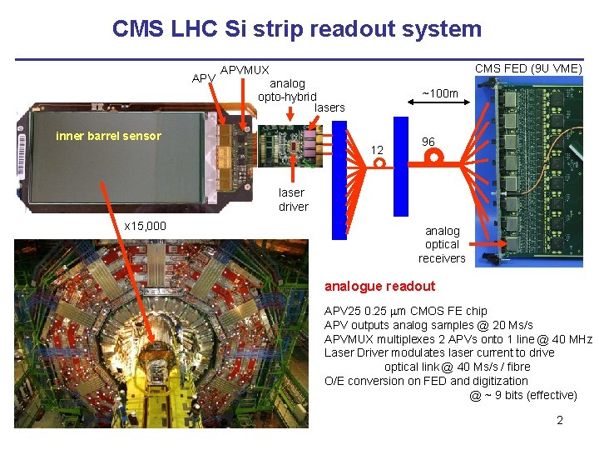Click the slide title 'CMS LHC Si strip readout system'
pos(297,29)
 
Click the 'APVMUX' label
pos(245,70)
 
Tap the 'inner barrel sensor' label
pos(108,136)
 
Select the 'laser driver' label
pos(293,199)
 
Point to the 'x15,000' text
pos(145,226)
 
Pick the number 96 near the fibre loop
pos(429,142)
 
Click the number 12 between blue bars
pos(377,150)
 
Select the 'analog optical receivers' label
pos(442,244)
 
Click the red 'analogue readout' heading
pos(379,286)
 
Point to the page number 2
pos(560,420)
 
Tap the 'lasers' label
pos(329,107)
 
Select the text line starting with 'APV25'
pos(405,311)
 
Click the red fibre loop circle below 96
pos(434,157)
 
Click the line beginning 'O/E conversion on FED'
pos(426,381)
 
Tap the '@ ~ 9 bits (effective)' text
pos(522,395)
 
